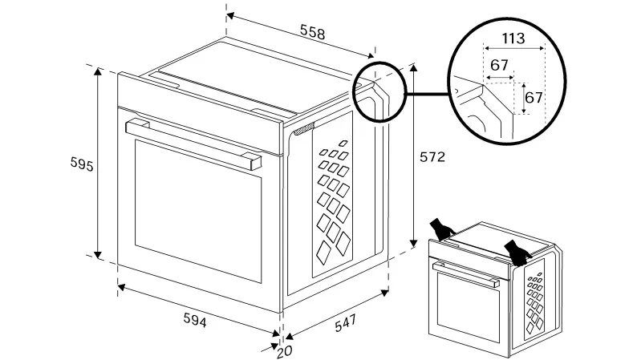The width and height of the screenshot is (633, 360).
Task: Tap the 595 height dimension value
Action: tap(80, 165)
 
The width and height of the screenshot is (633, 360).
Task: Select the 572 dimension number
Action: tap(432, 157)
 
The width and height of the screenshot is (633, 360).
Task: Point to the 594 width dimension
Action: tap(194, 321)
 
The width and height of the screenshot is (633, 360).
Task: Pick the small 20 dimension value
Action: tap(284, 350)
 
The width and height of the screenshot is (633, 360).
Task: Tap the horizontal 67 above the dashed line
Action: tap(500, 65)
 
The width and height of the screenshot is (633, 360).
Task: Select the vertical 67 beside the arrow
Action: tap(534, 97)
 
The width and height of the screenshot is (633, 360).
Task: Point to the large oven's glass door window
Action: tap(198, 208)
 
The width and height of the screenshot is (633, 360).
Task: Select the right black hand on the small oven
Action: tap(517, 250)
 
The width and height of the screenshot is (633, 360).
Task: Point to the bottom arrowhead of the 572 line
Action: tap(414, 243)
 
